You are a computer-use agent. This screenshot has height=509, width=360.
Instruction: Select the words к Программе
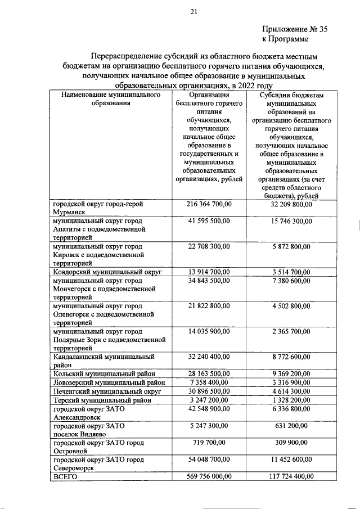[285, 39]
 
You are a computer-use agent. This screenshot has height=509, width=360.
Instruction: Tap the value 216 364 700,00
[208, 205]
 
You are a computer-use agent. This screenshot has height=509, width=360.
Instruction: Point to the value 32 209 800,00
[291, 205]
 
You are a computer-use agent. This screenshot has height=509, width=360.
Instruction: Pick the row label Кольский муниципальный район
[103, 373]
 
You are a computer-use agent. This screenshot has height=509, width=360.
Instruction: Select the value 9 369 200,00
[291, 373]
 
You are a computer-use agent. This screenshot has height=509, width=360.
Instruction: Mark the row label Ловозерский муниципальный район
[109, 382]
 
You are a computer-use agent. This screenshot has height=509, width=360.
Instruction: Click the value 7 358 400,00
[208, 382]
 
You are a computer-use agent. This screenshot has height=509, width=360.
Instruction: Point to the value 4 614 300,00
[291, 391]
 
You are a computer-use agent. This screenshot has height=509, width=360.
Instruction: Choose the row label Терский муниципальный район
[102, 400]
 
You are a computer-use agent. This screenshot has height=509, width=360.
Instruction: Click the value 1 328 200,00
[291, 400]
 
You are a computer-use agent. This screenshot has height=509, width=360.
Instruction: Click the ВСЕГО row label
[65, 477]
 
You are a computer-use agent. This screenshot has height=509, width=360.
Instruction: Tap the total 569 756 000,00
[208, 477]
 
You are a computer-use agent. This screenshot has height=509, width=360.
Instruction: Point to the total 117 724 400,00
[291, 477]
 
